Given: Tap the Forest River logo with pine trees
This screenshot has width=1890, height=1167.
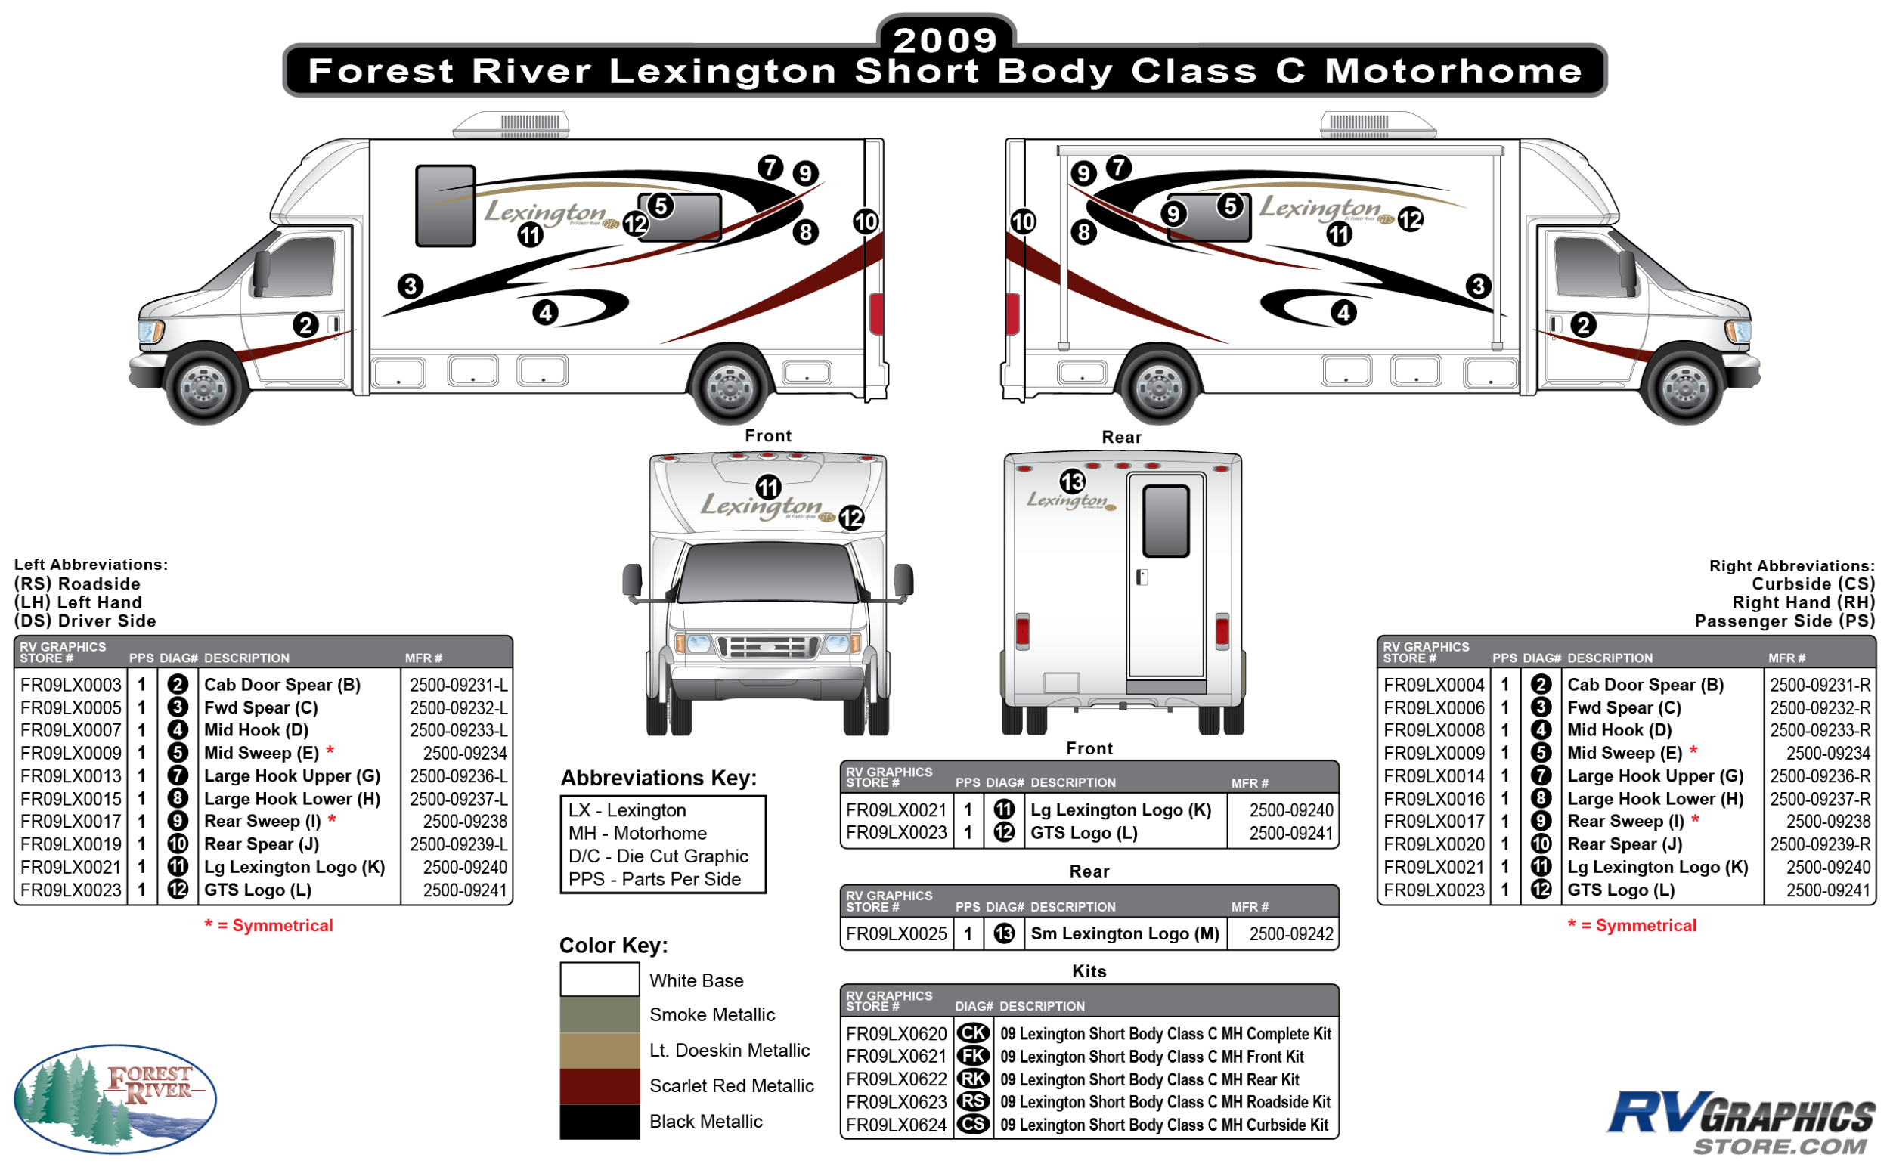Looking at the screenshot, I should [115, 1097].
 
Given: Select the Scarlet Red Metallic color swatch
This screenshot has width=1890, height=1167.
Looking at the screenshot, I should [599, 1085].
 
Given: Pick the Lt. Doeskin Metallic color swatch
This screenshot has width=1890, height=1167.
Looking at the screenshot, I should [599, 1050].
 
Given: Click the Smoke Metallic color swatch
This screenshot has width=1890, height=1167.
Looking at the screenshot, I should [599, 1014].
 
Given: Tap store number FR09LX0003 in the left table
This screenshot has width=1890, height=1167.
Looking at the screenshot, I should [71, 685].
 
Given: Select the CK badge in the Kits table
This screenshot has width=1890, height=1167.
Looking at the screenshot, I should [973, 1033].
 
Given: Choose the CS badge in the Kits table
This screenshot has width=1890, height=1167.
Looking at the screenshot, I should [973, 1125].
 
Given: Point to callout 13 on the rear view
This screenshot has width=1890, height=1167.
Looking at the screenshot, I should [1071, 481].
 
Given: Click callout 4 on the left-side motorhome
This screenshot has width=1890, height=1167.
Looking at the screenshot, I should [546, 313].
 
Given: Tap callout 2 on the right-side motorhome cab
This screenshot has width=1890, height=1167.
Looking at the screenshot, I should [1583, 325].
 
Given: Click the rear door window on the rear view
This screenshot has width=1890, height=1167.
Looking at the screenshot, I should [1165, 521].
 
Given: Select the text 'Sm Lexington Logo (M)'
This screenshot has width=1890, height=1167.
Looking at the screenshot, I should [1124, 934].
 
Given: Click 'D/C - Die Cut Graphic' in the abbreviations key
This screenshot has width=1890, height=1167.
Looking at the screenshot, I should [658, 856].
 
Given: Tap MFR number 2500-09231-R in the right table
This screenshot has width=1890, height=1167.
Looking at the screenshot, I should [1819, 685].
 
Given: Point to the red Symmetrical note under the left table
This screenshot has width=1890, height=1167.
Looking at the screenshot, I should [268, 925].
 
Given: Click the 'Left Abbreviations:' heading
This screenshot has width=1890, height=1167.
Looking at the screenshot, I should [91, 564].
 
